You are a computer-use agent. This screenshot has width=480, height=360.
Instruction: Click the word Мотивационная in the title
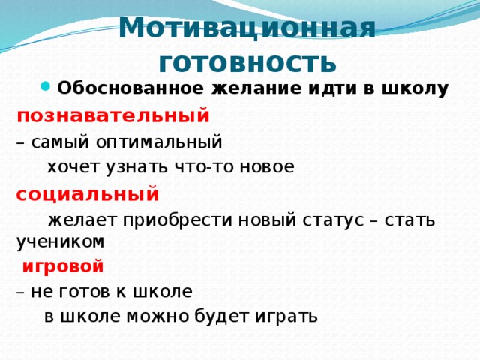(247, 28)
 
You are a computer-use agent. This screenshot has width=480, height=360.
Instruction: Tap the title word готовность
(243, 60)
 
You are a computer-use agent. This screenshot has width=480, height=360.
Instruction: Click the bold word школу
(414, 89)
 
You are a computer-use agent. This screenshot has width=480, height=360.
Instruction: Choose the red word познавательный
(113, 115)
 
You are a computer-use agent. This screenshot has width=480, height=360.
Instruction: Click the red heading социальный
(88, 194)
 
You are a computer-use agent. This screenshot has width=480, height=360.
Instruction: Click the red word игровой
(62, 265)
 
